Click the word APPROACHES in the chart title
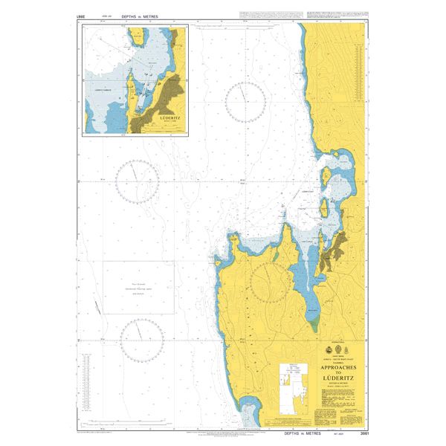click(338, 367)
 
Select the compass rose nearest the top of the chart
click(245, 102)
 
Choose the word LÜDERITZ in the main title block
click(338, 378)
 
